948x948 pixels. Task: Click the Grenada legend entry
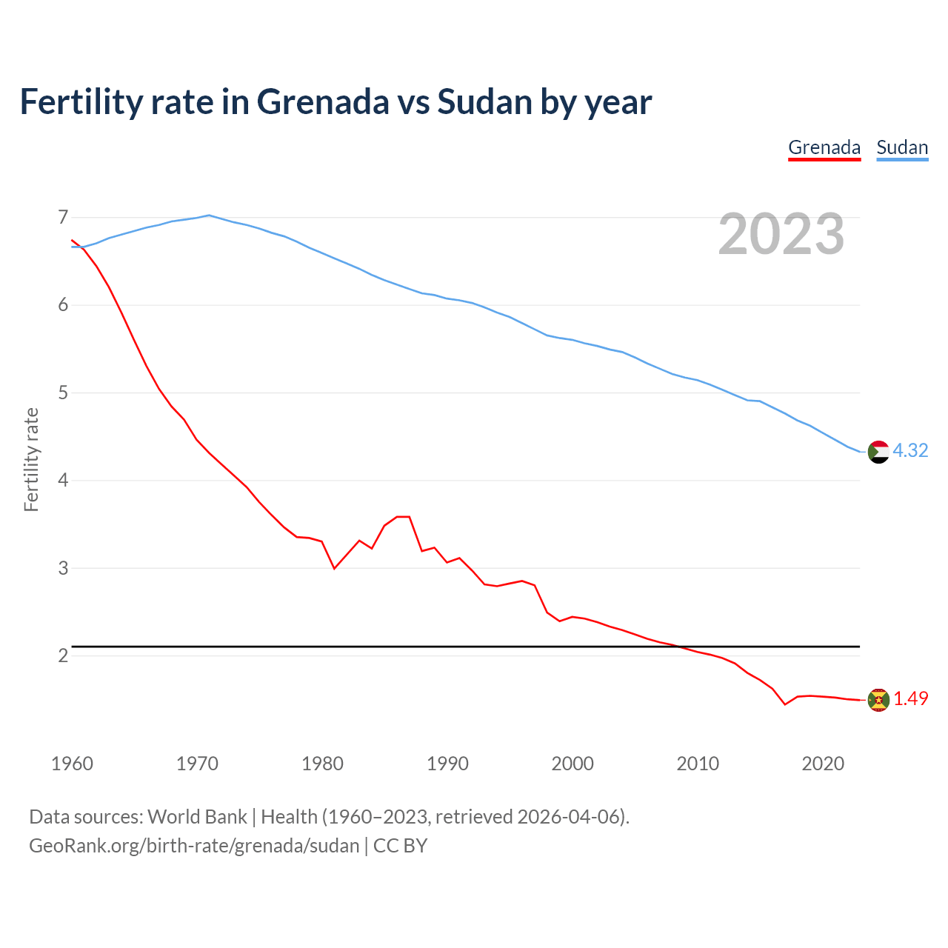click(824, 147)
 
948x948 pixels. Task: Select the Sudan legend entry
click(902, 147)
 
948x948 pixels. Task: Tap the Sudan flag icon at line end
click(878, 451)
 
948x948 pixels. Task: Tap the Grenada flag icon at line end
click(878, 699)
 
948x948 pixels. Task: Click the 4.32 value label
click(910, 450)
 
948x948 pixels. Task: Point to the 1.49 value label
click(910, 698)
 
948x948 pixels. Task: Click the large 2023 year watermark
click(781, 234)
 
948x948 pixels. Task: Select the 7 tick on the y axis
click(63, 218)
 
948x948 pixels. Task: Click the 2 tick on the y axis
click(63, 656)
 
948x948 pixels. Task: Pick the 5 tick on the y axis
click(63, 393)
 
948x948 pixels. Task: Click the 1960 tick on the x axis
click(72, 764)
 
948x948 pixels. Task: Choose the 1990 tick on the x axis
click(447, 764)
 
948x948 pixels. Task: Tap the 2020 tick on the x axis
click(823, 764)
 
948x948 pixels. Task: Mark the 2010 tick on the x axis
click(698, 764)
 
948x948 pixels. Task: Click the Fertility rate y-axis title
click(31, 459)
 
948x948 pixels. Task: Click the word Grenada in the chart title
click(322, 101)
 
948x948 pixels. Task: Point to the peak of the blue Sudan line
click(209, 216)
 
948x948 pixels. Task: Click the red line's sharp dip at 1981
click(335, 568)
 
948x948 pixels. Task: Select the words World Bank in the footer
click(197, 817)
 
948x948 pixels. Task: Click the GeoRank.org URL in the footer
click(194, 846)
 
